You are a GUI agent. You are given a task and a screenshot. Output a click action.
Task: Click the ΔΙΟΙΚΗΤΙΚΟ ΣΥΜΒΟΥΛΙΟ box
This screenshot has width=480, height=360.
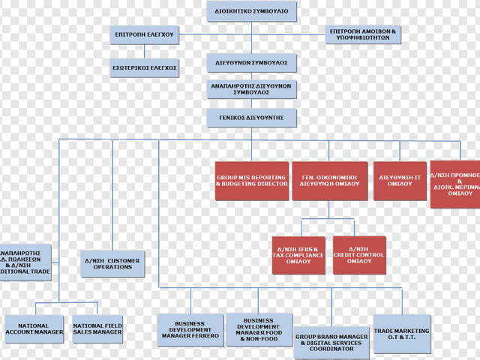click(x=251, y=11)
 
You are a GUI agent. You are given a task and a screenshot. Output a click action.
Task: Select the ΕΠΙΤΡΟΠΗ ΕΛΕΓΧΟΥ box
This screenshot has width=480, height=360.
click(x=145, y=34)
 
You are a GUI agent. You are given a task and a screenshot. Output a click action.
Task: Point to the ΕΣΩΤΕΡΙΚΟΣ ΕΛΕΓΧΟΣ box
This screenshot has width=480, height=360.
click(x=145, y=67)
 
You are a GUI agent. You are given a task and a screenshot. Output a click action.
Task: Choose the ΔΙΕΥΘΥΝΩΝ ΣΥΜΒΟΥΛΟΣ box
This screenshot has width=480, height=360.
click(x=251, y=63)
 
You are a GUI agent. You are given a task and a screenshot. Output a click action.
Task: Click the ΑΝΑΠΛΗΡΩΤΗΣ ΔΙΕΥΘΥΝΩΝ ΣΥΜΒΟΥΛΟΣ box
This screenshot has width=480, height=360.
click(x=251, y=89)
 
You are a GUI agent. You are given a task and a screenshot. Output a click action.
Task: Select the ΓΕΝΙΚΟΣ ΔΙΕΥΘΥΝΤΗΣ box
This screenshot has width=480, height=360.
click(x=251, y=118)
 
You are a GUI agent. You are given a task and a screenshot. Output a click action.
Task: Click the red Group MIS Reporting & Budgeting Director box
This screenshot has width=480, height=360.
click(x=252, y=181)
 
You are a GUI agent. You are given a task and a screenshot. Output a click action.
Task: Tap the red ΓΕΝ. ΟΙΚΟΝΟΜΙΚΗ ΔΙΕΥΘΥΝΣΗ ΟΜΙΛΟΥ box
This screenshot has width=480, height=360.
click(x=330, y=181)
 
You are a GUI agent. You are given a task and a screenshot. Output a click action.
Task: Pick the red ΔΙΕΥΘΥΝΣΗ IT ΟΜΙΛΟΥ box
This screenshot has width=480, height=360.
click(x=400, y=181)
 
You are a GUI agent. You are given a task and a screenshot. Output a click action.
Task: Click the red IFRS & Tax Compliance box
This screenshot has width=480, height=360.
click(x=298, y=255)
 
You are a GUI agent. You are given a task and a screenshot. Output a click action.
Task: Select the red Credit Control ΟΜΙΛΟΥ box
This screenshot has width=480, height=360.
click(x=359, y=255)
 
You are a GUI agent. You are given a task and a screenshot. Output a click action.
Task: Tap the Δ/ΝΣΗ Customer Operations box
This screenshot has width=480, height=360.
click(x=112, y=264)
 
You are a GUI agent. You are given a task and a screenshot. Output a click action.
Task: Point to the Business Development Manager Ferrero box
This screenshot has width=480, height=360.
click(x=190, y=330)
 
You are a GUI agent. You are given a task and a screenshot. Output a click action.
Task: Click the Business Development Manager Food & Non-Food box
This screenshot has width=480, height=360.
click(x=259, y=330)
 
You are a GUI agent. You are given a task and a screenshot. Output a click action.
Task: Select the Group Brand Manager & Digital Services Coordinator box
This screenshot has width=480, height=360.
click(x=331, y=342)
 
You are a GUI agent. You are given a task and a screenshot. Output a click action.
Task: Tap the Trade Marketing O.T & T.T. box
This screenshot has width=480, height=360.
click(x=402, y=334)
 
